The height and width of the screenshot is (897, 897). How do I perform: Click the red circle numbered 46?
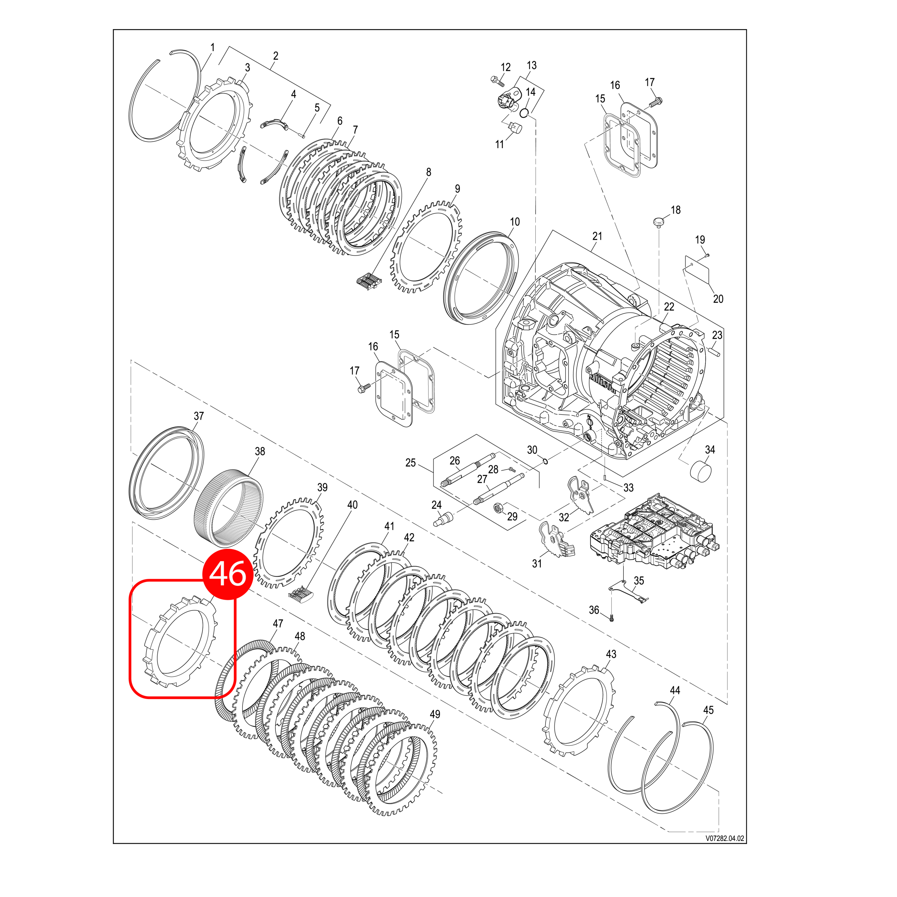coord(227,574)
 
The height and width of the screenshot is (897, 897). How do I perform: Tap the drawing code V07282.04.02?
coord(725,851)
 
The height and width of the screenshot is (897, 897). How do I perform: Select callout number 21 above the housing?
coord(597,236)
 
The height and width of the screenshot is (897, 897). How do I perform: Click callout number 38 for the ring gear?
coord(260,451)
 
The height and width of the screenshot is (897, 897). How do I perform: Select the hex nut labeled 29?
coord(498,508)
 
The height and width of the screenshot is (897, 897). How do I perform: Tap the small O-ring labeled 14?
coord(524,112)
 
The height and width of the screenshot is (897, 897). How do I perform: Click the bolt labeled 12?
coord(497,81)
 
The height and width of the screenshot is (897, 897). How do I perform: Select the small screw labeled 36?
coord(611,618)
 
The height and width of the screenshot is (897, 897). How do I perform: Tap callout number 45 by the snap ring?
coord(708,710)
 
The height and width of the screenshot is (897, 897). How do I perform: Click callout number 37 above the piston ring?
coord(199,416)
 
